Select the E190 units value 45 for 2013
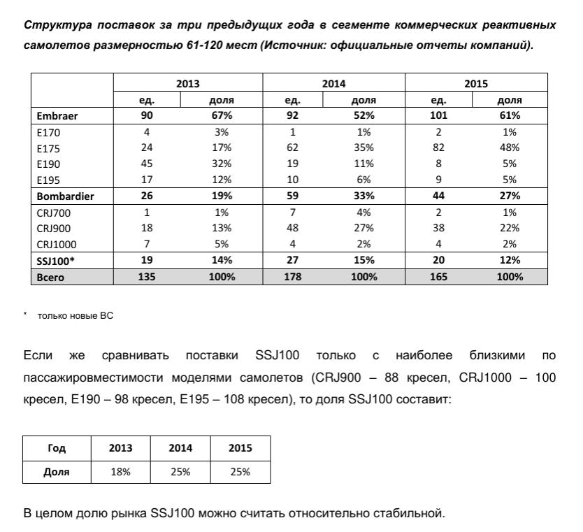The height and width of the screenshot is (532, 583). [x=147, y=164]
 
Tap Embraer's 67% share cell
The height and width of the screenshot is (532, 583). [x=222, y=115]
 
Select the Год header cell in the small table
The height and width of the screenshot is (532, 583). [x=58, y=448]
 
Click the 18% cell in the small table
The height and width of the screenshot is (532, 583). [x=120, y=472]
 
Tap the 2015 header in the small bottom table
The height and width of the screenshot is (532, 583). [x=240, y=448]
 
